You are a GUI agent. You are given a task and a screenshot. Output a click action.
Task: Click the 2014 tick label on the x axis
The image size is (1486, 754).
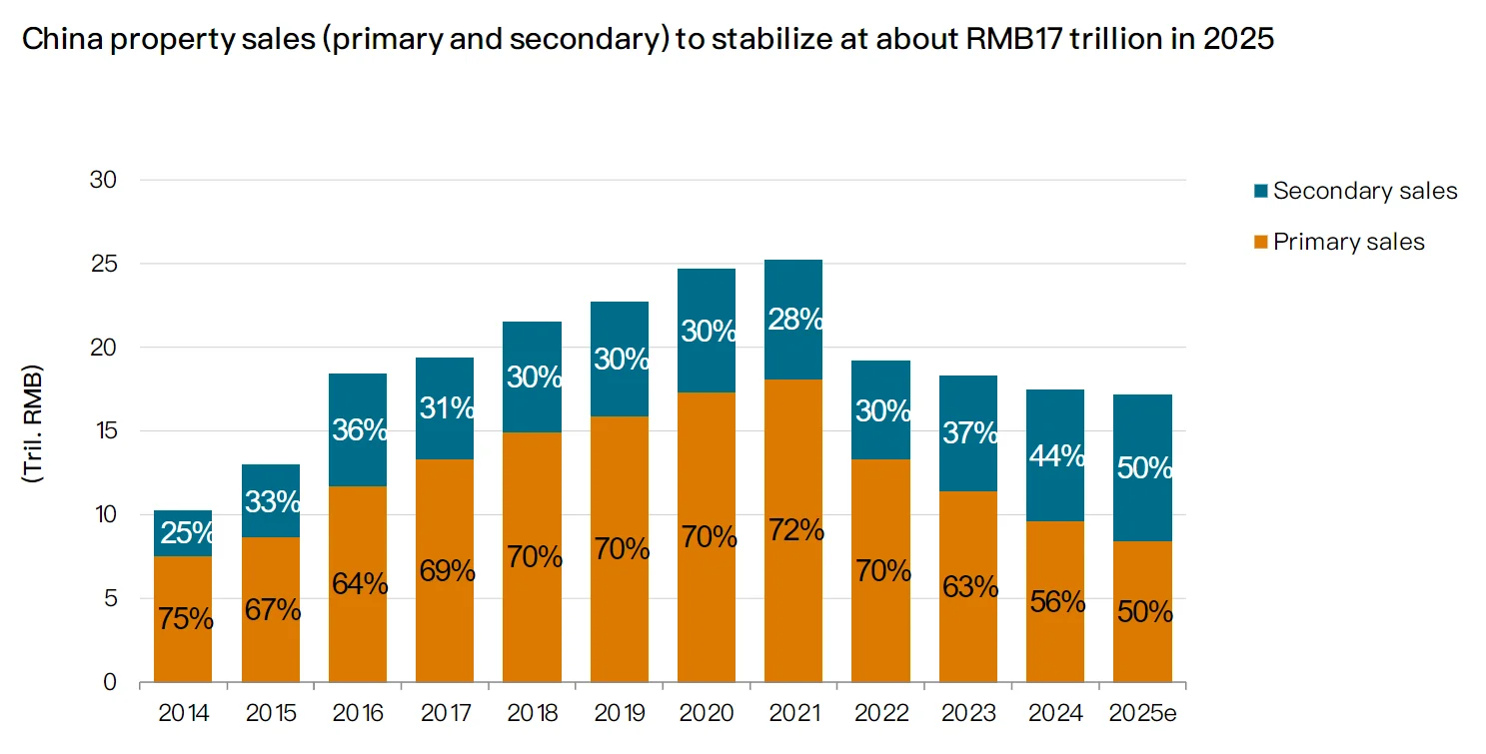pyautogui.click(x=183, y=713)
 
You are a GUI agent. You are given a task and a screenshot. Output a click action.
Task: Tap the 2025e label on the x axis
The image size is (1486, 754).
pyautogui.click(x=1142, y=713)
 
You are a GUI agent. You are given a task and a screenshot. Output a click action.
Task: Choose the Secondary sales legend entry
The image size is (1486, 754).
pyautogui.click(x=1364, y=191)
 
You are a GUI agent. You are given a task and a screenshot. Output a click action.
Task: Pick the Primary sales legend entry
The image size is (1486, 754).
pyautogui.click(x=1348, y=242)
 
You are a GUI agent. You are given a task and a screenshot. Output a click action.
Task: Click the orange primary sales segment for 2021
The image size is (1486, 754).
pyautogui.click(x=793, y=599)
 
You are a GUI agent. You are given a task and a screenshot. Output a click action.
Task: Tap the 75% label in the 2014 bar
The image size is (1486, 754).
pyautogui.click(x=185, y=619)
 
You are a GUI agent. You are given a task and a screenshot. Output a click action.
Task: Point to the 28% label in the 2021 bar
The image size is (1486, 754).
pyautogui.click(x=795, y=320)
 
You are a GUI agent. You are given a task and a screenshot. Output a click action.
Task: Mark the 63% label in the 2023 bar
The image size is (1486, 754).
pyautogui.click(x=969, y=586)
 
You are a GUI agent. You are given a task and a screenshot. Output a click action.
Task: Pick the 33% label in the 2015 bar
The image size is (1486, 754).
pyautogui.click(x=272, y=501)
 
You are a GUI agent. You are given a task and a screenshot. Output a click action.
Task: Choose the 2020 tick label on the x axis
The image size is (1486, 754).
pyautogui.click(x=706, y=713)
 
